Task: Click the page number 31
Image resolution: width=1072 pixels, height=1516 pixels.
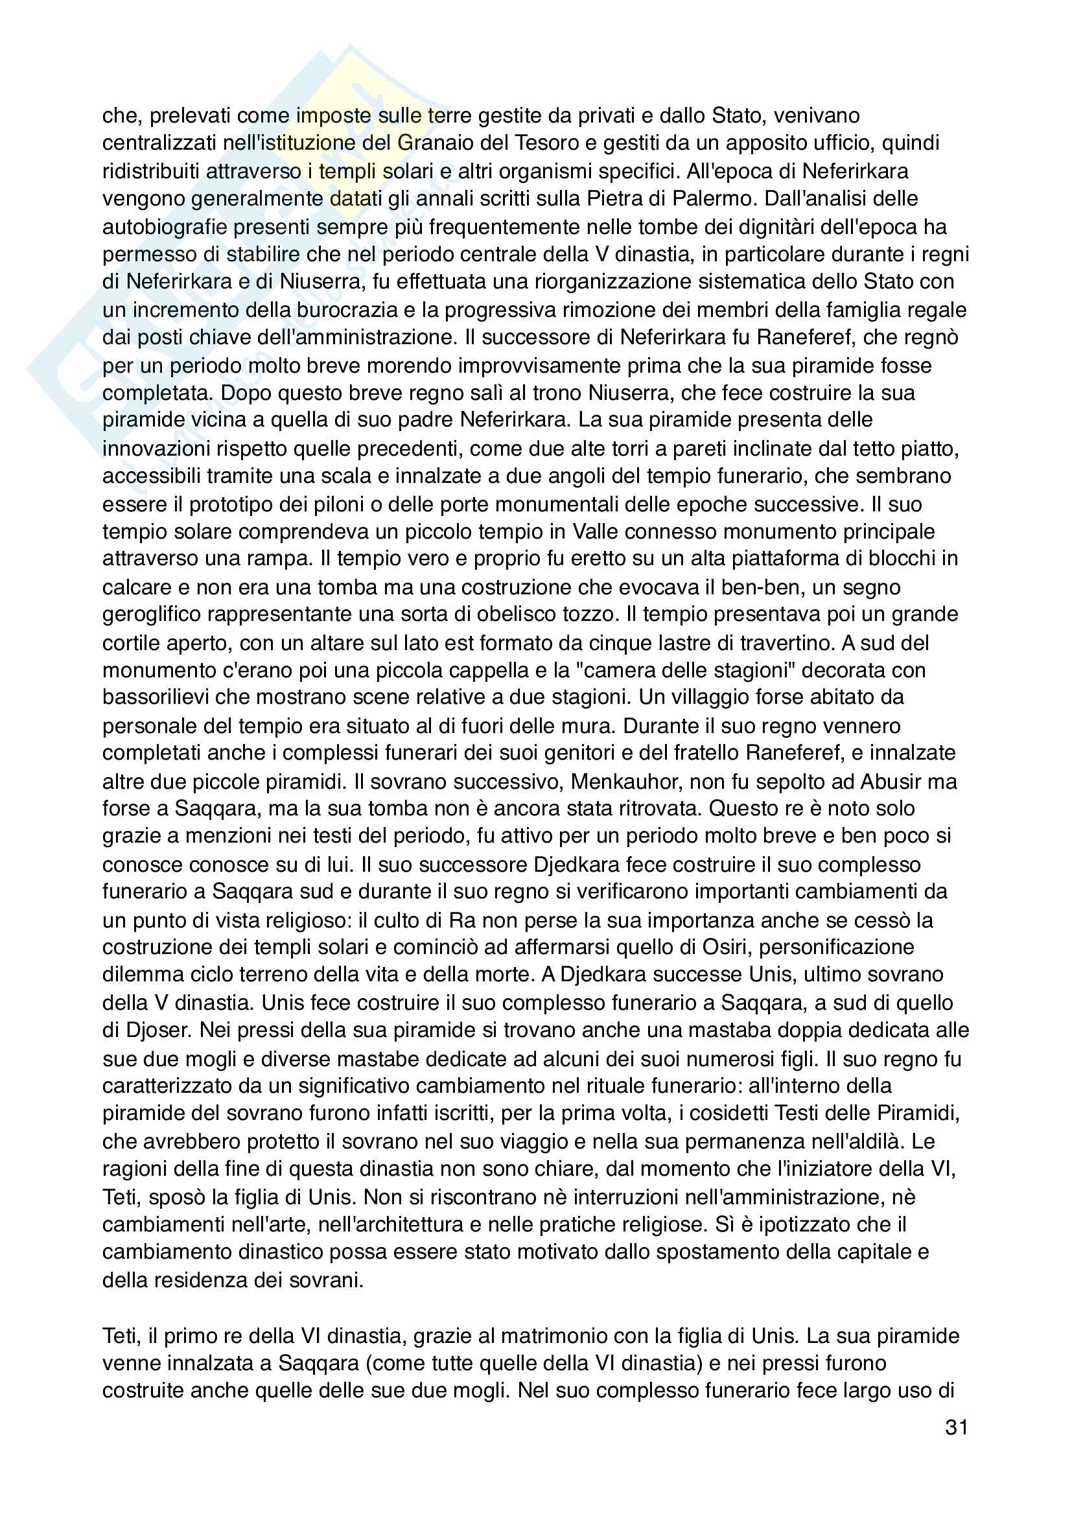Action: coord(957,1427)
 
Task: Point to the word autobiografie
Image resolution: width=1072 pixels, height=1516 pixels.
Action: coord(163,226)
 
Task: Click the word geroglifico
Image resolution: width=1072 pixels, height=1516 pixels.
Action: coord(150,614)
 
